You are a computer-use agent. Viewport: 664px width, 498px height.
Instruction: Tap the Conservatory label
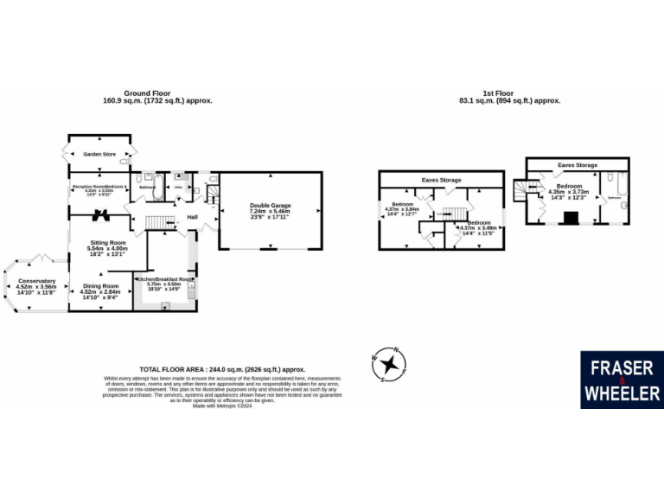[x=35, y=286]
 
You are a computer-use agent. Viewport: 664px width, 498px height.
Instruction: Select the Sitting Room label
[x=107, y=248]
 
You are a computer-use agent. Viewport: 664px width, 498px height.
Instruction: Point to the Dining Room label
[x=99, y=290]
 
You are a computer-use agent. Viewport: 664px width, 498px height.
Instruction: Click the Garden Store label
[x=99, y=154]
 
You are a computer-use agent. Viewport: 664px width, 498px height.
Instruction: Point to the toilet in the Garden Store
[x=125, y=162]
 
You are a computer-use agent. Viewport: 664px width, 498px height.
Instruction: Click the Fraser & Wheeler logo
[x=622, y=380]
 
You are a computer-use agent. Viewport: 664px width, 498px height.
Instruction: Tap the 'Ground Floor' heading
[x=156, y=96]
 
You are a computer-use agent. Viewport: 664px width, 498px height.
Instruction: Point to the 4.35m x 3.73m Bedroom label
[x=569, y=191]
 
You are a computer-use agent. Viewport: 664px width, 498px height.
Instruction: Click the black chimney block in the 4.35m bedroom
[x=570, y=219]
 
